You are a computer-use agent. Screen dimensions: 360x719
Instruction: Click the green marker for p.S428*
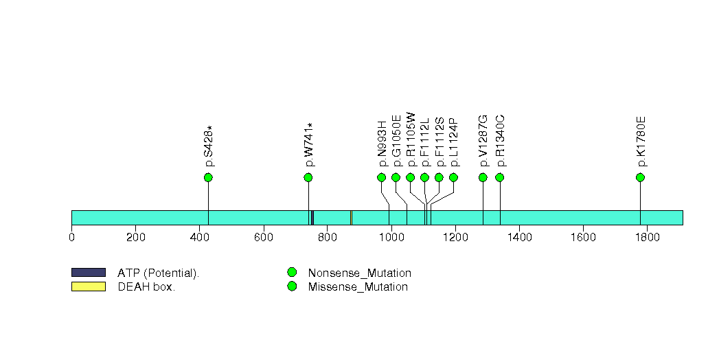click(x=208, y=178)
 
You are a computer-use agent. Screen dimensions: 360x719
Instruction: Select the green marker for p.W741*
click(x=308, y=178)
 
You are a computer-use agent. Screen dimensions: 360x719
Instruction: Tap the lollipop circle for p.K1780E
click(x=640, y=178)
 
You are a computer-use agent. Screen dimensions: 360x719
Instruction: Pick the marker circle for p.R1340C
click(x=500, y=178)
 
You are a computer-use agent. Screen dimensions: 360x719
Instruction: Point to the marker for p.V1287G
click(x=483, y=178)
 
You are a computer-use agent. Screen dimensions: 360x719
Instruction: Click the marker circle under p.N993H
click(x=382, y=178)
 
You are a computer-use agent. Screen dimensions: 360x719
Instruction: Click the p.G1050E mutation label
click(x=396, y=142)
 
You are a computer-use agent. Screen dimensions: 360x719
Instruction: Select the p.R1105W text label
click(x=411, y=140)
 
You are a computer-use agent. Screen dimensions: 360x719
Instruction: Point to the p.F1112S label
click(x=439, y=142)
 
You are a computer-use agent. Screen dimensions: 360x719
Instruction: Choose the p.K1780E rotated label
click(x=641, y=142)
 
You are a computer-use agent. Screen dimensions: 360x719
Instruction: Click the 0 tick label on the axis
click(x=71, y=238)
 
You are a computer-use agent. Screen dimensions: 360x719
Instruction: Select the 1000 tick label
click(x=391, y=238)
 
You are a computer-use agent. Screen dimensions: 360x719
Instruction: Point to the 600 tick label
click(x=264, y=238)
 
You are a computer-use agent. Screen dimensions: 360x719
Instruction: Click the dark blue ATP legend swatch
click(x=88, y=273)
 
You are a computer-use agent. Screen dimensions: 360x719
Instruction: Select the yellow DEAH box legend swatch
click(x=88, y=286)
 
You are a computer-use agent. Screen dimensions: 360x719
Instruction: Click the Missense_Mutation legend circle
click(x=292, y=286)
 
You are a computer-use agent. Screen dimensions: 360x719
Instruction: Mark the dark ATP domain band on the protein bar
click(x=312, y=218)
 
